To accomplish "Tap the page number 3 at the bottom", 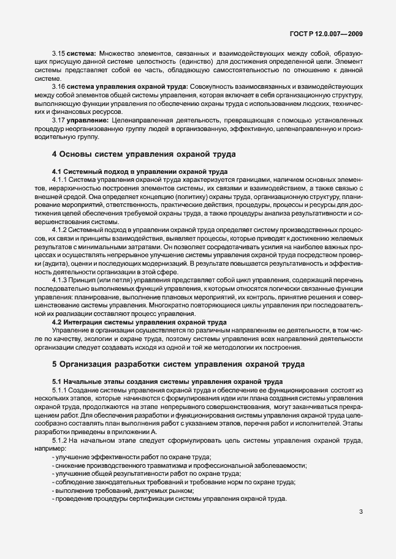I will click(361, 512).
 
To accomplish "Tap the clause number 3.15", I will click(59, 53).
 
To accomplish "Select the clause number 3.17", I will click(59, 120).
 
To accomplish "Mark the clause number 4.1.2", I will click(61, 229).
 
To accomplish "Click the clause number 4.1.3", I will click(61, 279).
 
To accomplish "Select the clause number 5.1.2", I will click(61, 440).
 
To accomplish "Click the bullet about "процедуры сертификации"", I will click(170, 499).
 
